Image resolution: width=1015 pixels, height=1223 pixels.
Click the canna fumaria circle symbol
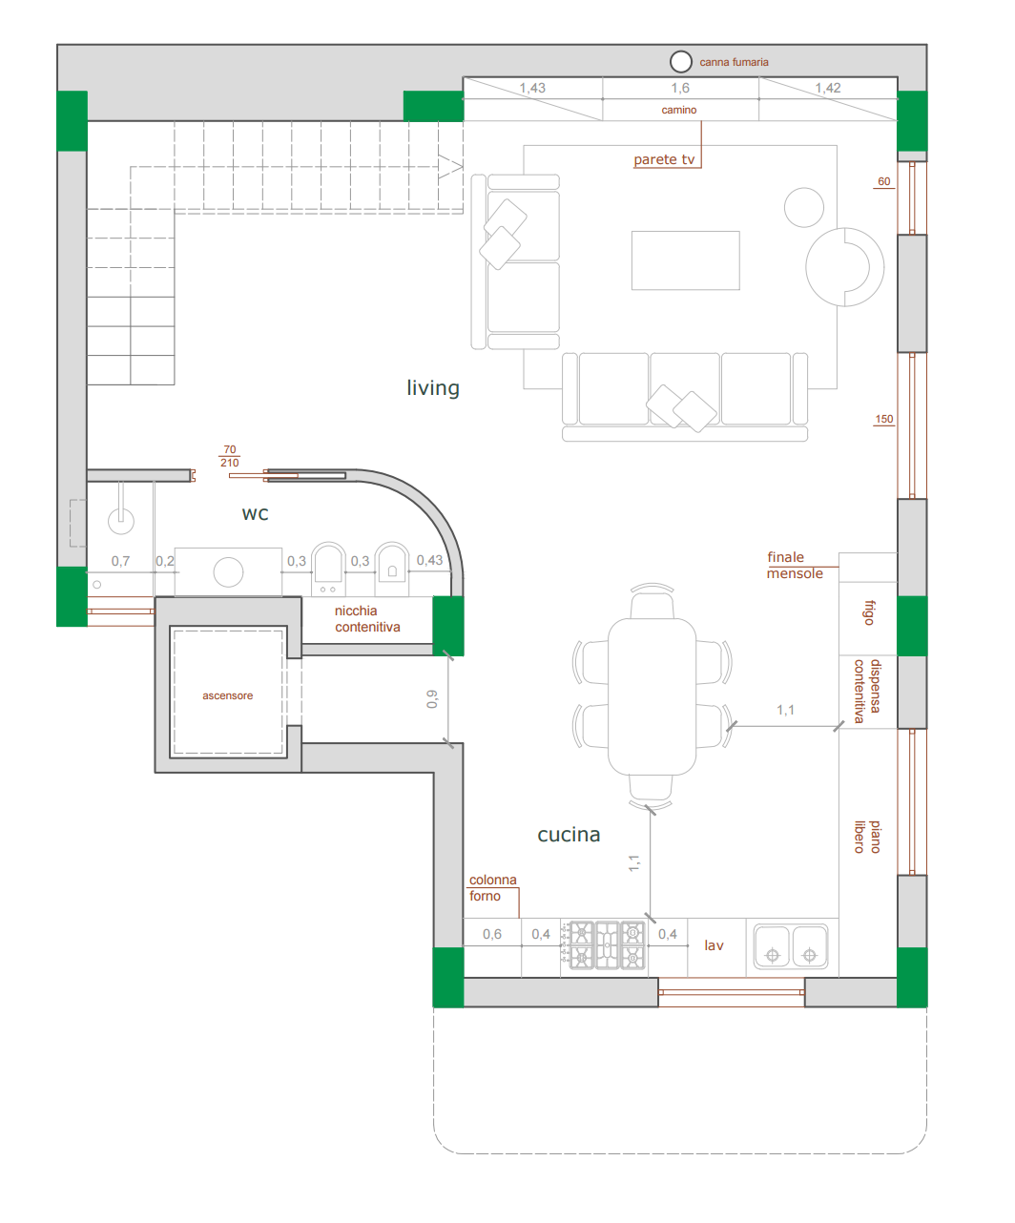click(x=680, y=61)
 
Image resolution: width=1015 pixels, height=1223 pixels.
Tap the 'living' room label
click(x=433, y=387)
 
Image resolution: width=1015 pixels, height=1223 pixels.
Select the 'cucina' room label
click(x=569, y=834)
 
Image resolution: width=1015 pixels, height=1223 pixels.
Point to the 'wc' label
click(x=256, y=514)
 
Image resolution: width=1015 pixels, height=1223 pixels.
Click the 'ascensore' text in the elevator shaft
click(x=228, y=695)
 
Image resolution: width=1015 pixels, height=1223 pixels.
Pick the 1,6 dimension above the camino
click(x=680, y=88)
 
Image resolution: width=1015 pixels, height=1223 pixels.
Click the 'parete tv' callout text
click(x=664, y=159)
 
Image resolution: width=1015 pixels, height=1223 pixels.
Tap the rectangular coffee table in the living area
click(x=685, y=260)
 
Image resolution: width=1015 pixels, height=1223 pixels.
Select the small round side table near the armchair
click(x=803, y=207)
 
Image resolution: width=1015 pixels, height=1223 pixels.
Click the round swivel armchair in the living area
click(x=844, y=266)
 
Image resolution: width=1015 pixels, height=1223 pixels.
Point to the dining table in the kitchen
click(x=652, y=696)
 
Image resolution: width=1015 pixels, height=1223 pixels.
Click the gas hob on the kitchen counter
click(x=607, y=944)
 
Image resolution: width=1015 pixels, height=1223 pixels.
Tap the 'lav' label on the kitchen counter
click(x=714, y=945)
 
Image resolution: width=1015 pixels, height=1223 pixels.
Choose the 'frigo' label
click(x=870, y=612)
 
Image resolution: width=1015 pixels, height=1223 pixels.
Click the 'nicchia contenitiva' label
click(x=367, y=618)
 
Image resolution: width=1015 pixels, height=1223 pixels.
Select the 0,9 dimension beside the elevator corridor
click(x=432, y=698)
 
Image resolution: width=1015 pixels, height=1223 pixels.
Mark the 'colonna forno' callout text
click(x=492, y=887)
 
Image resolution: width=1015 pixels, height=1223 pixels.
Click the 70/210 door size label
click(x=230, y=456)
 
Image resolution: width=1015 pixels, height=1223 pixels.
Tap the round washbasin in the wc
click(x=228, y=572)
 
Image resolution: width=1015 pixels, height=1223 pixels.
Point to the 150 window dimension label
click(x=883, y=419)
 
